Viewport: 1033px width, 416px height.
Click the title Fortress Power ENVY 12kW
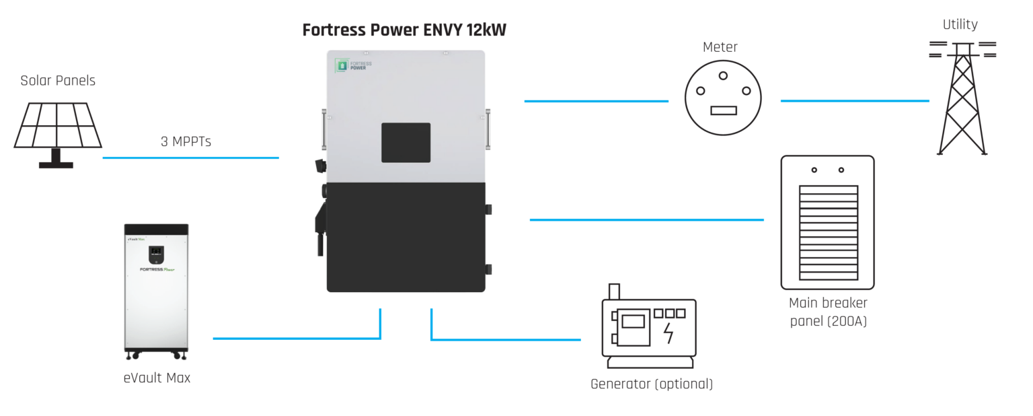pos(404,31)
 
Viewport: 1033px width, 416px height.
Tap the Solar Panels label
pos(58,81)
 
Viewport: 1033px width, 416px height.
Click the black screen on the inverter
pos(406,143)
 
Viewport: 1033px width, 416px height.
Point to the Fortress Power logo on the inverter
pos(353,65)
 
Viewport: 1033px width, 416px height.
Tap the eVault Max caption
pos(157,378)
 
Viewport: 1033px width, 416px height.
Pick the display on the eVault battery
pos(156,254)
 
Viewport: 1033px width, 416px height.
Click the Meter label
pos(720,47)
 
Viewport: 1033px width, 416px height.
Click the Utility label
pos(960,25)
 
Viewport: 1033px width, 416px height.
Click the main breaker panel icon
pos(827,222)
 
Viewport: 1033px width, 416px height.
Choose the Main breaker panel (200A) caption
pos(828,312)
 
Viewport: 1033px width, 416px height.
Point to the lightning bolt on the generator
pos(668,333)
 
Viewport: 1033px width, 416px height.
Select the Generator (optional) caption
pos(651,384)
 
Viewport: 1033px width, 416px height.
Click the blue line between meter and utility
pos(854,101)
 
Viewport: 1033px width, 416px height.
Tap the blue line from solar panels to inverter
pos(190,158)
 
